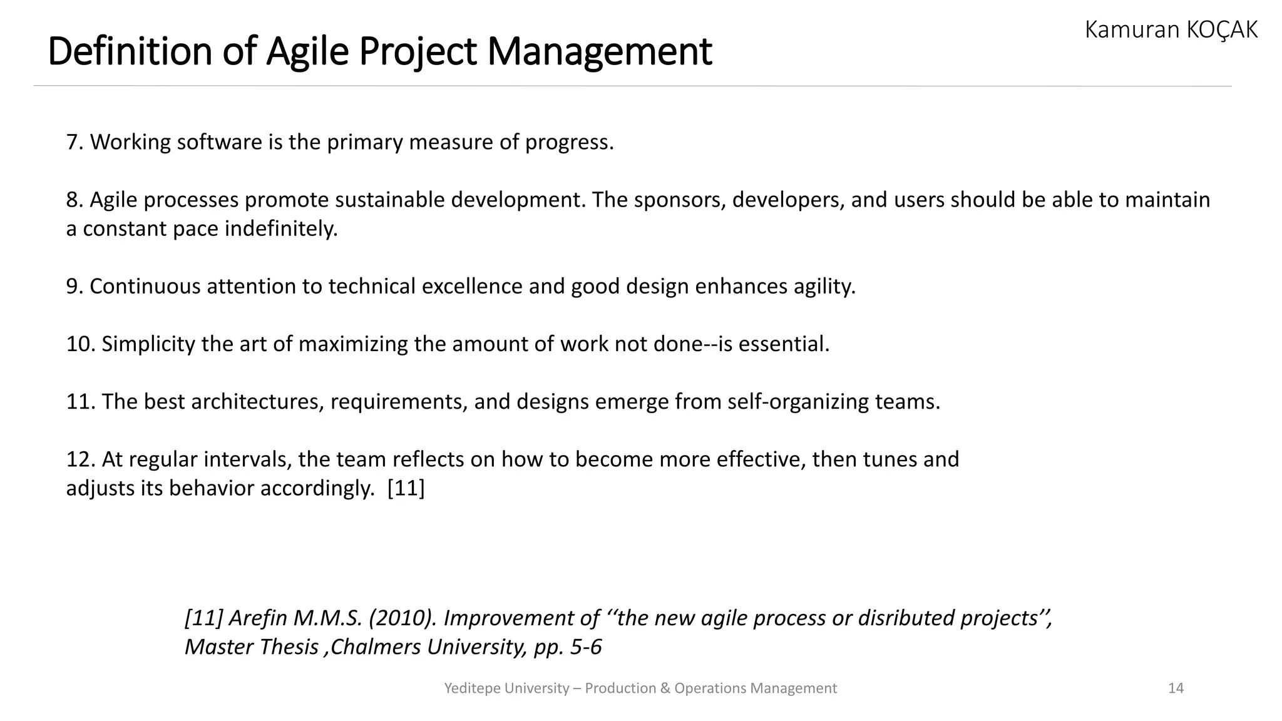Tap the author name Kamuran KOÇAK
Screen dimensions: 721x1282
1171,29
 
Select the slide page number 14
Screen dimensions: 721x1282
1176,688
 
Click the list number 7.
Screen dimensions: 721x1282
74,142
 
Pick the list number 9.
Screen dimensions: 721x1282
74,286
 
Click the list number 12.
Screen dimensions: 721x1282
80,459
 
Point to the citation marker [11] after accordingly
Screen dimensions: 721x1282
406,488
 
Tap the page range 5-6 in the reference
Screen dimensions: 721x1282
585,647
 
